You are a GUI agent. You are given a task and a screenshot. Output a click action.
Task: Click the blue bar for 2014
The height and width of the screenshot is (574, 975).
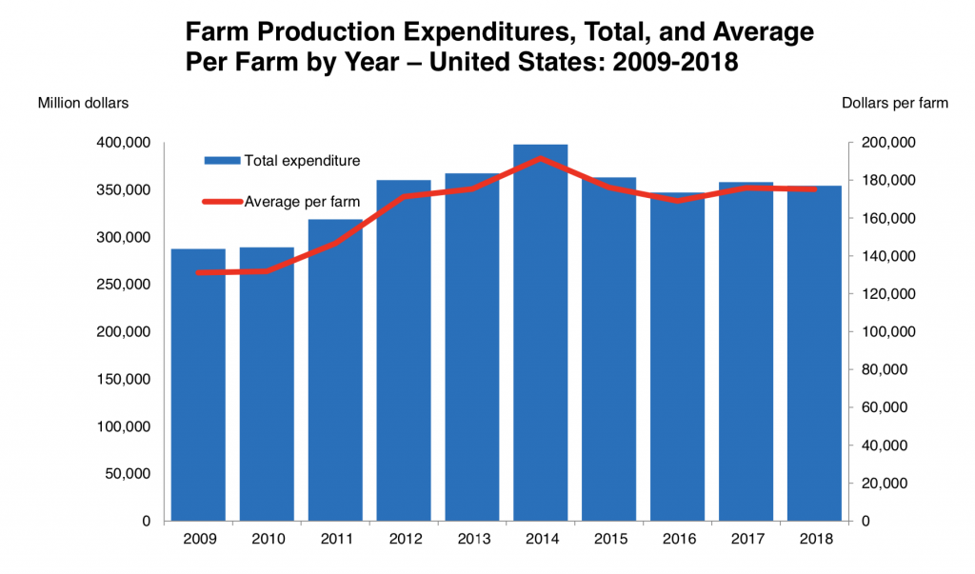click(x=540, y=333)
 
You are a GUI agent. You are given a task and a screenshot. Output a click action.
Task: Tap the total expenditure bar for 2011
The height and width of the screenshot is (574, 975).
click(x=335, y=371)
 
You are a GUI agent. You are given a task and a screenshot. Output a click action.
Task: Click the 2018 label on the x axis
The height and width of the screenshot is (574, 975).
click(x=815, y=539)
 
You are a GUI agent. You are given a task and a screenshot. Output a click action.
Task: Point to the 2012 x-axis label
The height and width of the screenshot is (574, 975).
click(x=404, y=539)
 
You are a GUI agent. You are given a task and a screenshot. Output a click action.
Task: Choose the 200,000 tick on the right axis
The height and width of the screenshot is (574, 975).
click(x=888, y=143)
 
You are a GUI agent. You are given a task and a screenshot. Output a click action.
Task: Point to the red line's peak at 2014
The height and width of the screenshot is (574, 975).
click(x=540, y=158)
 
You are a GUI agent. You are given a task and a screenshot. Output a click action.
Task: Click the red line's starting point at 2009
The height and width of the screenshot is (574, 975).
click(x=198, y=272)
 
